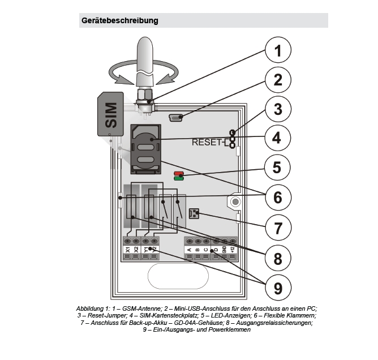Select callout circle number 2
pos(277,80)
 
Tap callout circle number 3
pos(277,109)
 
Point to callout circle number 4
pos(277,138)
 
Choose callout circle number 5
pos(277,168)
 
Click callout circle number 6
pos(277,197)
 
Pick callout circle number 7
pos(277,228)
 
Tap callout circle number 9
pos(277,288)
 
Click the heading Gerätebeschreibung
pos(119,21)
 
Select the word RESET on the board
pos(207,142)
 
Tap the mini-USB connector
pos(176,118)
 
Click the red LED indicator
pos(178,173)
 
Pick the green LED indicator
pos(178,179)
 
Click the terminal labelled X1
pos(128,249)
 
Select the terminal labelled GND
pos(224,249)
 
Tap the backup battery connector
pos(191,213)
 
